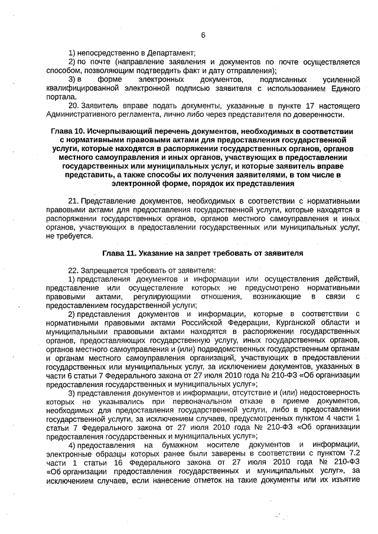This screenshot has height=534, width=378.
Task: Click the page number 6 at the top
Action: (203, 35)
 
